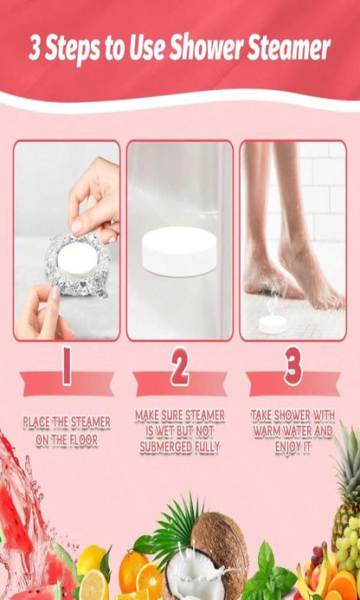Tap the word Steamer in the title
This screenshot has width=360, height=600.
[288, 48]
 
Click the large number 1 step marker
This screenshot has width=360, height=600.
[67, 365]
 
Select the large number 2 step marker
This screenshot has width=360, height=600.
[180, 366]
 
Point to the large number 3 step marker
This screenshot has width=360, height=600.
[293, 366]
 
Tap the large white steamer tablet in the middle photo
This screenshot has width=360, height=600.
[179, 250]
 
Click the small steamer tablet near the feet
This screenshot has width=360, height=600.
[273, 324]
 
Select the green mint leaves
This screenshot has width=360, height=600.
[268, 575]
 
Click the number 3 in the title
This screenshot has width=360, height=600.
[35, 49]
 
